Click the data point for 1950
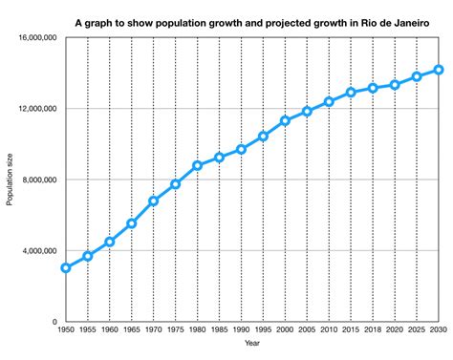tap(65, 268)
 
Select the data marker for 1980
tap(197, 165)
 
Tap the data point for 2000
tap(285, 120)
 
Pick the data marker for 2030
tap(438, 70)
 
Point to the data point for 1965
tap(131, 223)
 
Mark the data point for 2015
tap(351, 93)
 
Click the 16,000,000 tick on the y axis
tap(34, 38)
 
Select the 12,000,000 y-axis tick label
tap(34, 109)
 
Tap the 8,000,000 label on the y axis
tap(37, 180)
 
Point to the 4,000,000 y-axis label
tap(37, 251)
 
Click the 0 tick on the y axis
tap(54, 322)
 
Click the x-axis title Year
tap(251, 344)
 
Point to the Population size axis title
tap(10, 180)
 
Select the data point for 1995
tap(263, 136)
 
